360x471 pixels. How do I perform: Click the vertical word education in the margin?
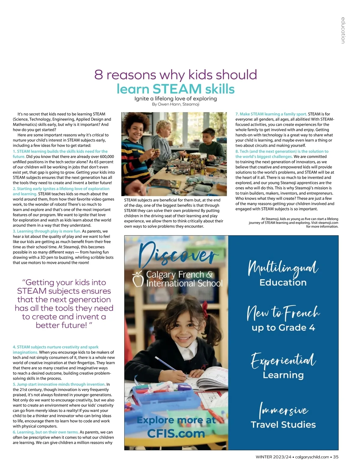click(343, 30)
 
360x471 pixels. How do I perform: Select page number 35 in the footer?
click(336, 457)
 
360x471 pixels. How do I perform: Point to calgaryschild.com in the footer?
click(312, 457)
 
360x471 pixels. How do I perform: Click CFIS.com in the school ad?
click(176, 433)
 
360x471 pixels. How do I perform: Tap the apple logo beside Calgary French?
click(138, 279)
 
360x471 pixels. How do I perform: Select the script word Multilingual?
click(283, 268)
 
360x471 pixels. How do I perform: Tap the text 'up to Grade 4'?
click(283, 327)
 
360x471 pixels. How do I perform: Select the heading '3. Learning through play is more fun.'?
click(47, 231)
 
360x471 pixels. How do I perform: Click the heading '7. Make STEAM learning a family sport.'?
click(271, 114)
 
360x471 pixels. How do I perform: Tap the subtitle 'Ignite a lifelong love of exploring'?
click(175, 99)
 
